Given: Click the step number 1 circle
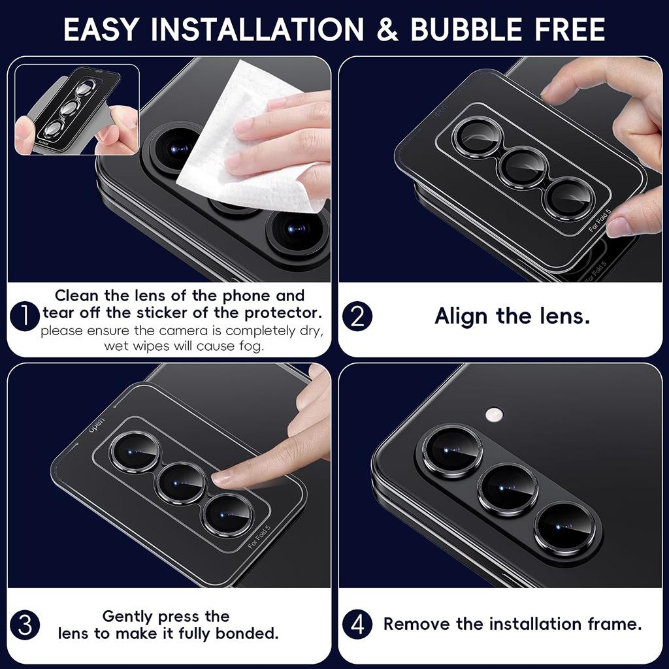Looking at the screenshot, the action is (25, 316).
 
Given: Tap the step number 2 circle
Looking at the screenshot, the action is (357, 317).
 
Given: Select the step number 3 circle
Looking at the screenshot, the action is (25, 625).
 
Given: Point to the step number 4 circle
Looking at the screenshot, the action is (357, 625).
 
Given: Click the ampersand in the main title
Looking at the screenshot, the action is (387, 29).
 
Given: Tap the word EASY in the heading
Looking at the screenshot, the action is (101, 29).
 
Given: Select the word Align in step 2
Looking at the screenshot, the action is (461, 317).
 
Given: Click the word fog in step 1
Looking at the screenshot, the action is (251, 346).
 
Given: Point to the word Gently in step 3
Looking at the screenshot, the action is (128, 617).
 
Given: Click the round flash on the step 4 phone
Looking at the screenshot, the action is (494, 414).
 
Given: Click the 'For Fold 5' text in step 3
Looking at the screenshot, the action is (259, 537).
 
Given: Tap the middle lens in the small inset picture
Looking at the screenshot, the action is (68, 108).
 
